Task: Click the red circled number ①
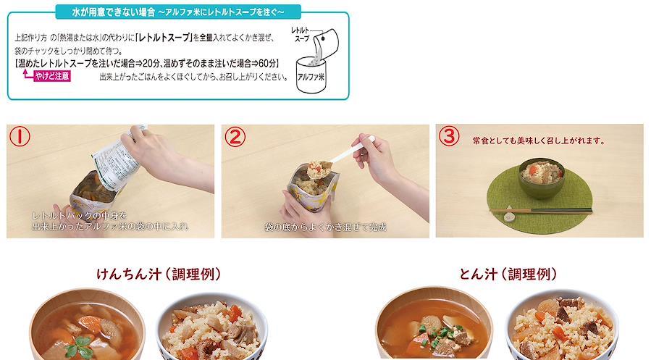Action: (x=20, y=137)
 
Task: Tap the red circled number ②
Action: (x=235, y=137)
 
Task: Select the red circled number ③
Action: (x=449, y=136)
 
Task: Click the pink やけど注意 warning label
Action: (x=52, y=76)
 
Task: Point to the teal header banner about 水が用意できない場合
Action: (x=178, y=12)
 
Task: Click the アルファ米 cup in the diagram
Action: (x=311, y=75)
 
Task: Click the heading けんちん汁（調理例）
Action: (x=159, y=274)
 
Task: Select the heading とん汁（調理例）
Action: (x=508, y=274)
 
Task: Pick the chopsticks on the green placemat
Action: (x=542, y=211)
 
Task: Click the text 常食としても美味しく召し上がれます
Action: (x=539, y=141)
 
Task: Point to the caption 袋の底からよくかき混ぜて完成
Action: (x=326, y=227)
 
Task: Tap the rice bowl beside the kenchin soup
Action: (x=211, y=326)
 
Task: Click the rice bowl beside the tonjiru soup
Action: (x=562, y=325)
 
